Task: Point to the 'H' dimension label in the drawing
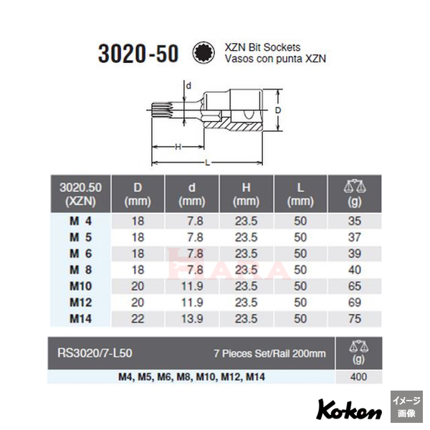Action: click(176, 147)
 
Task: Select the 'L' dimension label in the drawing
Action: click(208, 163)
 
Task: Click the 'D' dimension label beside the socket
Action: click(277, 110)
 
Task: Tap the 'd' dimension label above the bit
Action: click(188, 85)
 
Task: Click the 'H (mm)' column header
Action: click(243, 194)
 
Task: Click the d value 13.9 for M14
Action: click(188, 317)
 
